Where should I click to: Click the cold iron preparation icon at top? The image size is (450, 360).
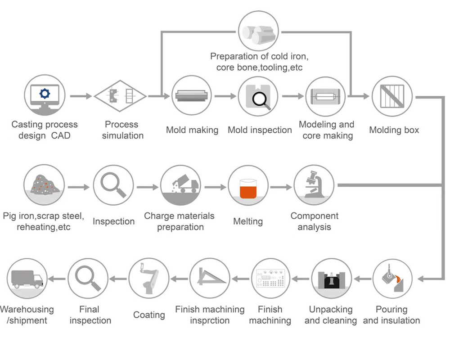click(259, 31)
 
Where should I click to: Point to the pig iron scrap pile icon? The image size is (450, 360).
click(44, 185)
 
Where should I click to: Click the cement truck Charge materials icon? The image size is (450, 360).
click(180, 185)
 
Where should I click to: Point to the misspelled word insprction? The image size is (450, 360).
click(210, 321)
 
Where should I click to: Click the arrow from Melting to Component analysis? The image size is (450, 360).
click(281, 186)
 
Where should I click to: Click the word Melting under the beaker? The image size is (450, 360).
click(248, 221)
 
